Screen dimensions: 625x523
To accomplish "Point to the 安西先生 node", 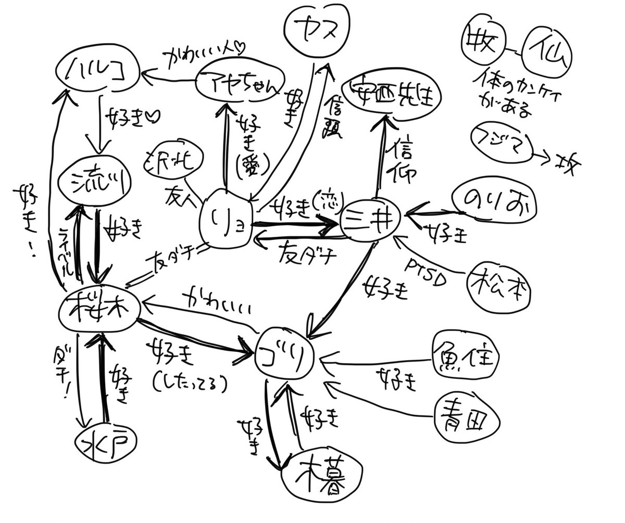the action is (391, 93).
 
